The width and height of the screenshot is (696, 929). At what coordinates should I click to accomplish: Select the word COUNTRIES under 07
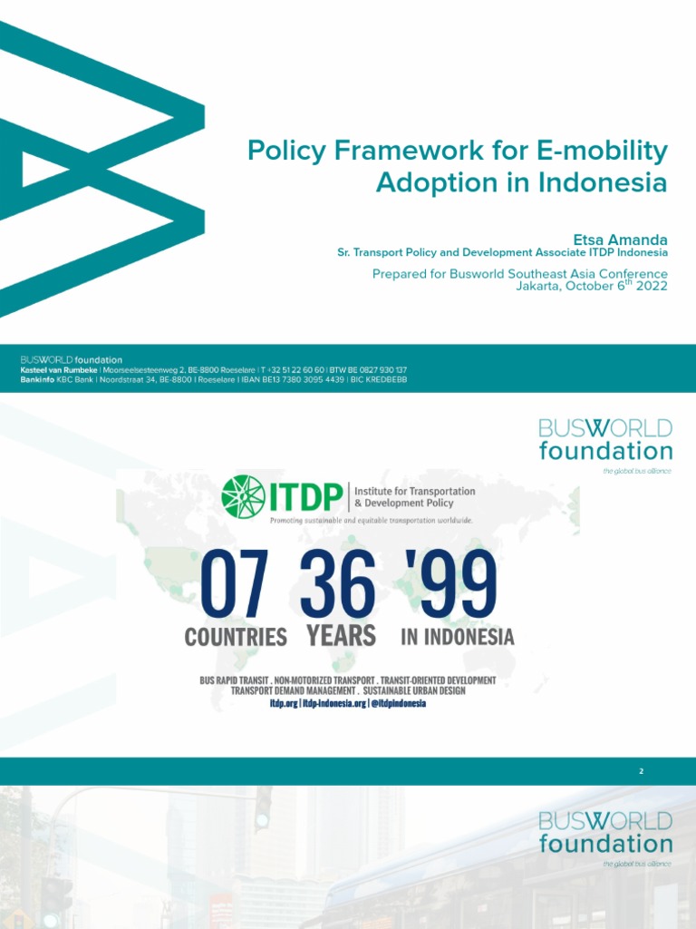click(x=236, y=637)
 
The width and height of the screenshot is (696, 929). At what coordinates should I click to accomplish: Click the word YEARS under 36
click(x=341, y=636)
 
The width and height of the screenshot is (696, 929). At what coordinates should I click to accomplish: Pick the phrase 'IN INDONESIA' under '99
click(x=458, y=637)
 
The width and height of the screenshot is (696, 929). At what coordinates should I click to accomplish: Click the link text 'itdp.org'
click(x=284, y=703)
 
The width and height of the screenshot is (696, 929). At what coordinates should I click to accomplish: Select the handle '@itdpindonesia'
click(x=397, y=703)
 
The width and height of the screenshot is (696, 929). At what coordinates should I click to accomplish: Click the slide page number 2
click(x=641, y=771)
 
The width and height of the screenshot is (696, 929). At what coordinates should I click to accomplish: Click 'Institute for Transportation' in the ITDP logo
click(x=414, y=491)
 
